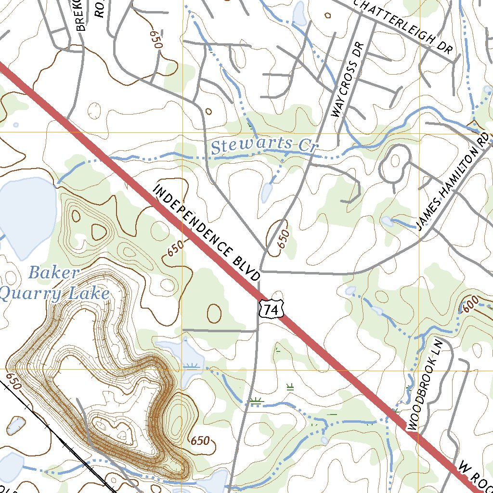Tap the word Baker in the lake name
pyautogui.click(x=53, y=273)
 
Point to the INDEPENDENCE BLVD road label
pyautogui.click(x=207, y=233)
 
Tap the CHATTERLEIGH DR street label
pyautogui.click(x=403, y=26)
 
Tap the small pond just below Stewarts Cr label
pyautogui.click(x=266, y=193)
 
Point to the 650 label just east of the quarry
pyautogui.click(x=200, y=440)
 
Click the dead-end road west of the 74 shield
pyautogui.click(x=217, y=331)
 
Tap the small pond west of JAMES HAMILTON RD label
pyautogui.click(x=387, y=221)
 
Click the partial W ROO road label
pyautogui.click(x=474, y=477)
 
